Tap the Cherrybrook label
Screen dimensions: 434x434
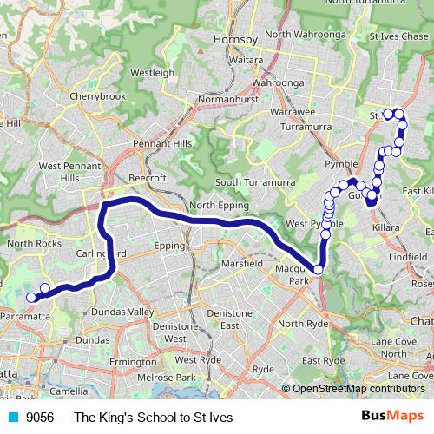point(98,95)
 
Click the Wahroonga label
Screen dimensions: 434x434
point(274,83)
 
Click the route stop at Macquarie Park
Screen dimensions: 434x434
point(319,270)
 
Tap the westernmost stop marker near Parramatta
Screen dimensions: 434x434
point(31,297)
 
